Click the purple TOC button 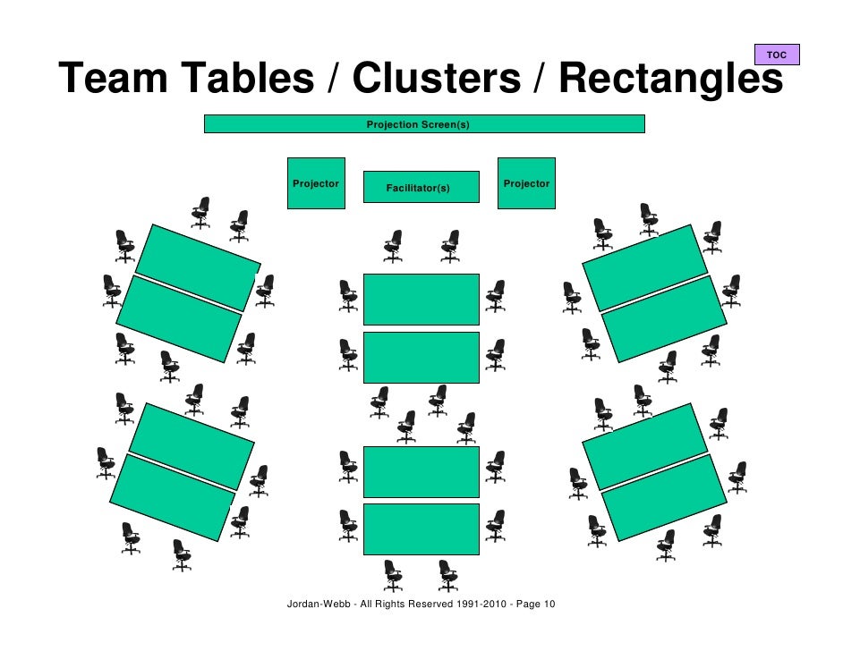[x=777, y=55]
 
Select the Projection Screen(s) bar [x=424, y=124]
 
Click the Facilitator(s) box [x=421, y=187]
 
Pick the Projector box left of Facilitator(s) [x=316, y=183]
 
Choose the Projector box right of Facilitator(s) [x=526, y=183]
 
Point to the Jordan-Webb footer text [x=319, y=604]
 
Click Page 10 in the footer [x=535, y=604]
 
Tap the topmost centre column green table [x=421, y=300]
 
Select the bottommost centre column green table [x=421, y=529]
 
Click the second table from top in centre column [x=421, y=357]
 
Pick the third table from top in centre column [x=421, y=472]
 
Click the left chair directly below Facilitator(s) [x=393, y=245]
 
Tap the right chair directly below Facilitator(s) [x=450, y=245]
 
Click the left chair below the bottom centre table [x=393, y=575]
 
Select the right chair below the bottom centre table [x=447, y=575]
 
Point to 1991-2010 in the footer [x=482, y=604]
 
